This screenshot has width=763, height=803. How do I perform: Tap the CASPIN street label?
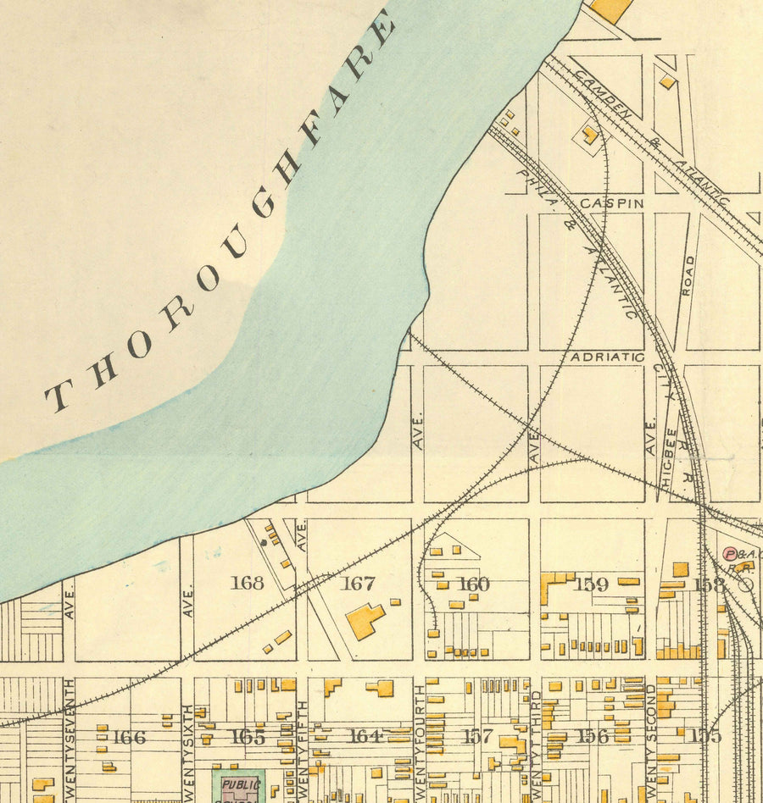pyautogui.click(x=612, y=204)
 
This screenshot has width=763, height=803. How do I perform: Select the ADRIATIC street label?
pyautogui.click(x=607, y=357)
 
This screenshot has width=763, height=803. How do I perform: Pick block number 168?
pyautogui.click(x=247, y=583)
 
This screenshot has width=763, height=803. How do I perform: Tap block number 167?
pyautogui.click(x=358, y=584)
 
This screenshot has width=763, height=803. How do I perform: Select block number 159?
pyautogui.click(x=592, y=584)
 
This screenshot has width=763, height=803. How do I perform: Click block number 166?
pyautogui.click(x=129, y=737)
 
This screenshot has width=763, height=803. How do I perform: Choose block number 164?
pyautogui.click(x=365, y=736)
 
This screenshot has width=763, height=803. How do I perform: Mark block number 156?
pyautogui.click(x=592, y=736)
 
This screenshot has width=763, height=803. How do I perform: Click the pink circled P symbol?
pyautogui.click(x=729, y=553)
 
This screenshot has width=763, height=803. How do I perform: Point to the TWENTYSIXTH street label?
pyautogui.click(x=188, y=745)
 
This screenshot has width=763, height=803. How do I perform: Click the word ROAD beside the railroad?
pyautogui.click(x=688, y=275)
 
